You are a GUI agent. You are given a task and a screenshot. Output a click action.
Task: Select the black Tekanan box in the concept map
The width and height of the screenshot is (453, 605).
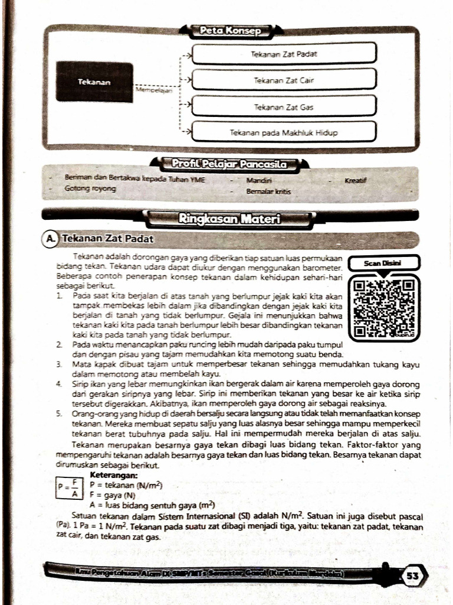(x=94, y=82)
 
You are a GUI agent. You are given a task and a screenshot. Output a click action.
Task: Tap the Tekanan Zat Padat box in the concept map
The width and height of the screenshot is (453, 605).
(x=284, y=53)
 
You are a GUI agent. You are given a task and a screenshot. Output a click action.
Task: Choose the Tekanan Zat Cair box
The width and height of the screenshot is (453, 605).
(x=284, y=80)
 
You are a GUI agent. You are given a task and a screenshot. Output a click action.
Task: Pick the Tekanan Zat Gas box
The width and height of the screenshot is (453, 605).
(x=284, y=106)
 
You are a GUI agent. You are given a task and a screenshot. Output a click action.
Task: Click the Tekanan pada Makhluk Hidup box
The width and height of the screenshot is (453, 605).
(x=284, y=133)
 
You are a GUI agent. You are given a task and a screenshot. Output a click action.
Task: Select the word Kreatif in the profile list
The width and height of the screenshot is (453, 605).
(x=355, y=179)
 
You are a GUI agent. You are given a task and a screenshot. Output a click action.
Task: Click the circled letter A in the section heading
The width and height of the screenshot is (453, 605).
(x=51, y=239)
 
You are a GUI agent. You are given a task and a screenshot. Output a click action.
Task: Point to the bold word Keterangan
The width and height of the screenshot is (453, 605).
(x=114, y=474)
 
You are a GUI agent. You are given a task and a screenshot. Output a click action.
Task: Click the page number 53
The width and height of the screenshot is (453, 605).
(x=412, y=575)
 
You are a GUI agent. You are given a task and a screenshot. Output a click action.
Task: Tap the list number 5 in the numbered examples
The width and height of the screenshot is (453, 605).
(x=60, y=414)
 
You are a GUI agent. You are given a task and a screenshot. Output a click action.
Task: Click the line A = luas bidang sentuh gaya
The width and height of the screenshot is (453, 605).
(x=152, y=505)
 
